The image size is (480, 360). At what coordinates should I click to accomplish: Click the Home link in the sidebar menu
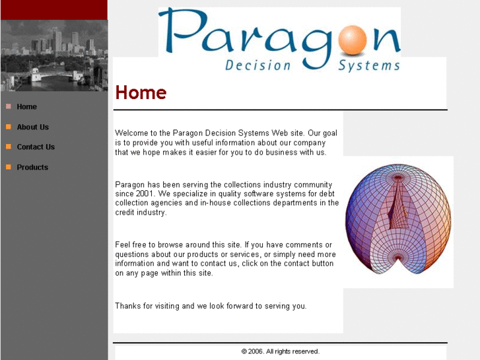tap(27, 107)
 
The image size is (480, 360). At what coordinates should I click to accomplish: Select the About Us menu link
tap(33, 127)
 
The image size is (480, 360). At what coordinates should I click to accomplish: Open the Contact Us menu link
tap(36, 147)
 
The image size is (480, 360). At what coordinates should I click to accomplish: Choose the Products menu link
tap(32, 168)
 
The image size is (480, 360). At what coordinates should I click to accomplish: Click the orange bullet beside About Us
tap(9, 127)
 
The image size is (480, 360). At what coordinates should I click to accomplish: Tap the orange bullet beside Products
tap(9, 167)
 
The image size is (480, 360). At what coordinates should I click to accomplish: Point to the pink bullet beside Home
tap(9, 106)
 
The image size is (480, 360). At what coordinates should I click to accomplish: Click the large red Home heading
tap(141, 93)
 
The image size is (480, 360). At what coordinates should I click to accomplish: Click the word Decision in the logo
tap(258, 65)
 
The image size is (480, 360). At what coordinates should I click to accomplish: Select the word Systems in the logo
tap(369, 65)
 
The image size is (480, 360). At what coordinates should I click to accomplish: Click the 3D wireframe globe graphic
tap(398, 219)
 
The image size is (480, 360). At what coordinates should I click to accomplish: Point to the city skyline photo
tap(53, 55)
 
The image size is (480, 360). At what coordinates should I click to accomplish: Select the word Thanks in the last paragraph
tap(128, 306)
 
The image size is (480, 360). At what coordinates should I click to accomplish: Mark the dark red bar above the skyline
tap(53, 9)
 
